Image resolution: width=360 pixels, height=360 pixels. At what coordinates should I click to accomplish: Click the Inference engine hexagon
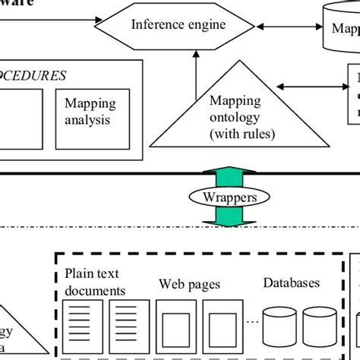coord(178,25)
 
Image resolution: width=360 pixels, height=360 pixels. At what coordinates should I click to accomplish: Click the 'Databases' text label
coord(292,283)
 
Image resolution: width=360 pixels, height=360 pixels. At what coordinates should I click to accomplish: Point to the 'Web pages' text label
coord(189,285)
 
